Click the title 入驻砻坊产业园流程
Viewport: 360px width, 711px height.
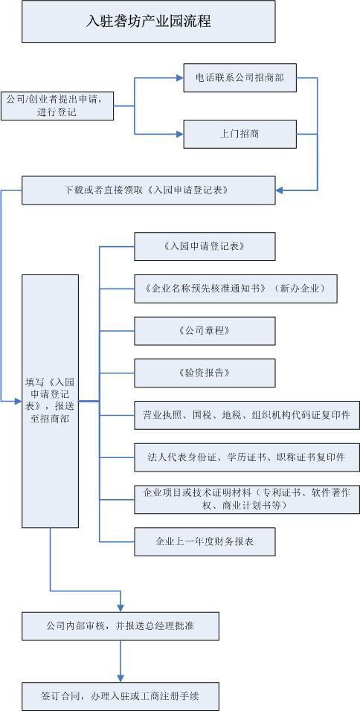click(x=148, y=22)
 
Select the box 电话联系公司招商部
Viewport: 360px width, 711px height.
click(x=240, y=78)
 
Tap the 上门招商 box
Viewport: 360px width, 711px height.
click(x=240, y=134)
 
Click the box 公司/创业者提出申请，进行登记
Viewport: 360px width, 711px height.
click(x=57, y=106)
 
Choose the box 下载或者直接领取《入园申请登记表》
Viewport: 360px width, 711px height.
click(x=148, y=190)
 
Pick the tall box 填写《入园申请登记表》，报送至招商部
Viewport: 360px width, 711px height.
click(x=51, y=401)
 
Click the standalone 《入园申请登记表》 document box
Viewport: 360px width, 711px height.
click(x=205, y=246)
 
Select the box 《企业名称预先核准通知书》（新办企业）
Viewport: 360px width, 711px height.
click(x=236, y=289)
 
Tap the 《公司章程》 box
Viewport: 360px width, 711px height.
click(x=205, y=330)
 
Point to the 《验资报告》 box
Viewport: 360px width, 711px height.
click(x=205, y=373)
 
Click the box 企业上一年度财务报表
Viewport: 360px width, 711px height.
click(x=205, y=541)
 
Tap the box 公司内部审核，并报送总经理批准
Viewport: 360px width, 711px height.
click(x=120, y=626)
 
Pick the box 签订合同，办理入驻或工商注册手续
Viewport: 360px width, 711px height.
click(x=120, y=696)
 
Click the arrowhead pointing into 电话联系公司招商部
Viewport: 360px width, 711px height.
click(x=179, y=78)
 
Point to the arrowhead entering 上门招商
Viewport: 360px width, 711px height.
click(x=179, y=134)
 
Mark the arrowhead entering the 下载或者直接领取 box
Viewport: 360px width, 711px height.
click(x=279, y=190)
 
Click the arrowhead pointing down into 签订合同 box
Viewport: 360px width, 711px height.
click(x=120, y=678)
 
